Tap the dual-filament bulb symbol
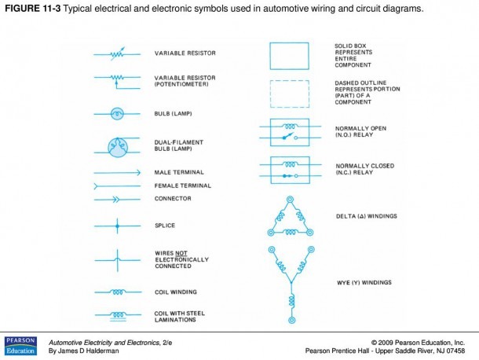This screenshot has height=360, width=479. point(118,148)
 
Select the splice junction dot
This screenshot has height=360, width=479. point(117,226)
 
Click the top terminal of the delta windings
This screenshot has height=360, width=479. point(290,200)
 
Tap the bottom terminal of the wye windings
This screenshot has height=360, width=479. point(292,320)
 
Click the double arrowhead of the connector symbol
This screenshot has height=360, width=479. point(116,200)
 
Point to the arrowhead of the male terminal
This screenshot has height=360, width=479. point(138,173)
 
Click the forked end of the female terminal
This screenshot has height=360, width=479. point(96,186)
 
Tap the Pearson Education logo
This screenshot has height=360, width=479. point(20,346)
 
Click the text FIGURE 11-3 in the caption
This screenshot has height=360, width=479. point(33,9)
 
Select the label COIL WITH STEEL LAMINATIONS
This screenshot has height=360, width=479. point(180,317)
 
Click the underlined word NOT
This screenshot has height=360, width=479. point(181,253)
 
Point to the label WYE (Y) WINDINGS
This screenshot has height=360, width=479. point(364,283)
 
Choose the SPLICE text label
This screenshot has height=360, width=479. point(165,226)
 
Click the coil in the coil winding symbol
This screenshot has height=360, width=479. point(118,292)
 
